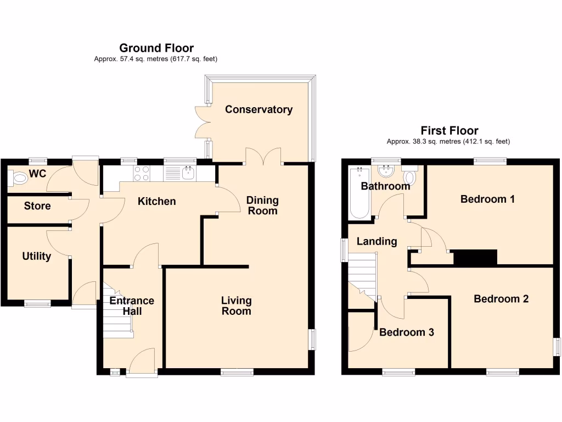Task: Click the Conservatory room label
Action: point(258,109)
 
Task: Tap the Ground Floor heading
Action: point(156,48)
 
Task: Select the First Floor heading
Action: point(449,131)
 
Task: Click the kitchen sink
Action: point(188,173)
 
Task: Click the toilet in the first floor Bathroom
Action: point(409,177)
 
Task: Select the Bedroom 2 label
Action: point(501,299)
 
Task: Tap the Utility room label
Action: point(37,256)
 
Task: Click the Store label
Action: point(37,206)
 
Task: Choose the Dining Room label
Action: point(262,206)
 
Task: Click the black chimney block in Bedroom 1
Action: point(475,257)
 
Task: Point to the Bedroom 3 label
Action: point(407,332)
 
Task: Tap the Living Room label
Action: point(237,306)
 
